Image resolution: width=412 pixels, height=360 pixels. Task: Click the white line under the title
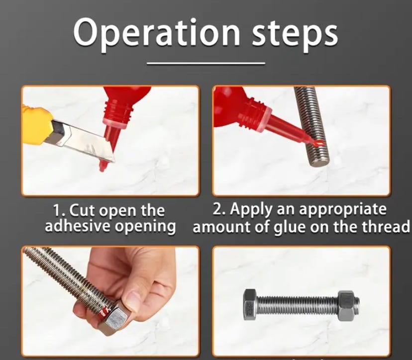206,63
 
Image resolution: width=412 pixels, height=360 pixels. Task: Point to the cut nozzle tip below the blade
103,166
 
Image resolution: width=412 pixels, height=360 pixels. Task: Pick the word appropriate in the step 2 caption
343,209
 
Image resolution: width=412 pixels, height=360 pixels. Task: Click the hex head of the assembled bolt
250,305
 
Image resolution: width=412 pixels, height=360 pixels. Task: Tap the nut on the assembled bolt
346,306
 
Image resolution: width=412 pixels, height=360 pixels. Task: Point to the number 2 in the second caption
217,209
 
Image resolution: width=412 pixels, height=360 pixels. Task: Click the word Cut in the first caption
81,211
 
